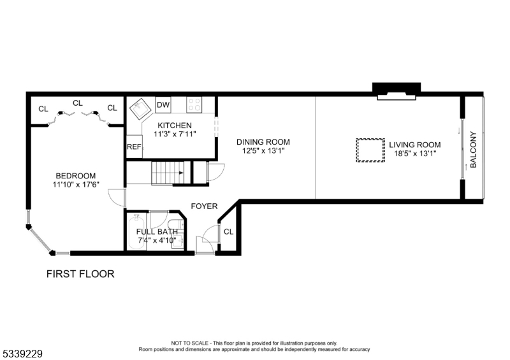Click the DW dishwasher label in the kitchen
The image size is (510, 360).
(x=163, y=105)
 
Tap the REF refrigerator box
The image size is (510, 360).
(x=135, y=147)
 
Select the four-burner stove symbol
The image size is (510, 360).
(x=194, y=104)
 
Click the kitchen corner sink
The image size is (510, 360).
(x=141, y=108)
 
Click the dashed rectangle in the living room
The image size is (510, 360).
(x=370, y=150)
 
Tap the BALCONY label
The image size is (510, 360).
(x=473, y=149)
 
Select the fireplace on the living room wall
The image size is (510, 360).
(x=397, y=91)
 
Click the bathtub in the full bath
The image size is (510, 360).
(x=136, y=232)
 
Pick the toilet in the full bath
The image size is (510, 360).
(x=177, y=224)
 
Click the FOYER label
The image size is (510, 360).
(x=204, y=206)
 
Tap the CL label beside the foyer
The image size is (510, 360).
(x=229, y=231)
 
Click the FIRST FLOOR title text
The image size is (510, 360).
(x=80, y=274)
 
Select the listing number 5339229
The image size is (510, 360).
(x=23, y=354)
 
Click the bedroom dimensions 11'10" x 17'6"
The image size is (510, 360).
(x=76, y=185)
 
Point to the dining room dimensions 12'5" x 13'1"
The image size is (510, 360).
(x=263, y=151)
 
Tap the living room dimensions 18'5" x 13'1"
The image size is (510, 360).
(x=415, y=154)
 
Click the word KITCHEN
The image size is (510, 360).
(x=175, y=125)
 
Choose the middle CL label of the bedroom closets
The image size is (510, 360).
(x=78, y=103)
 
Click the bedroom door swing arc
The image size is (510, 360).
(x=113, y=197)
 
